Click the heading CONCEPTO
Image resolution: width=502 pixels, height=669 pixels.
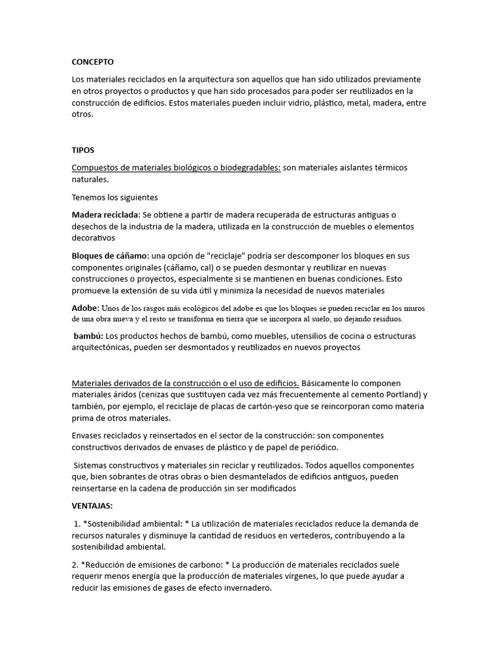click(x=92, y=62)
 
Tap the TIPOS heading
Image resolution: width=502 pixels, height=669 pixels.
click(x=83, y=150)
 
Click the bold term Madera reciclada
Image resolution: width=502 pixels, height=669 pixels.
click(x=105, y=214)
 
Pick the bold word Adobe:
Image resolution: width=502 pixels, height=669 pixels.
click(x=85, y=308)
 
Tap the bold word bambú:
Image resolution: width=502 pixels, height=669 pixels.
click(x=88, y=336)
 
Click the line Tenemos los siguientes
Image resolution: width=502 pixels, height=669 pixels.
click(x=114, y=197)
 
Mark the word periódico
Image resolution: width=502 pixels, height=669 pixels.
click(x=314, y=447)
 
